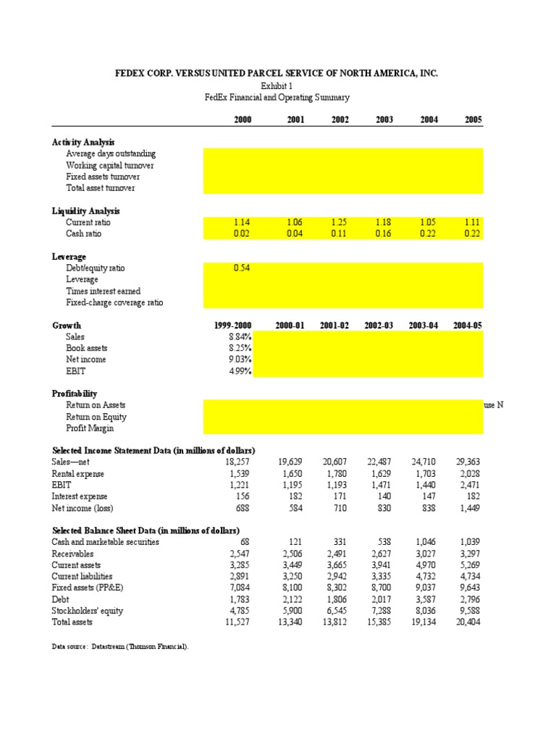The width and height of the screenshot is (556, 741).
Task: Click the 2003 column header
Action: [384, 119]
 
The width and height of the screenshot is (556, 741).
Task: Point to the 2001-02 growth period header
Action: [334, 326]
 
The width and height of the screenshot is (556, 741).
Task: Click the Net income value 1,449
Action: [469, 509]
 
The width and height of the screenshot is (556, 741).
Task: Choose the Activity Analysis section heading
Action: [83, 143]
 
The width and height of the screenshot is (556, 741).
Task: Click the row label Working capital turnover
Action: [109, 166]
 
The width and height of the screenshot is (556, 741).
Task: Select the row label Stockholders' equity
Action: [88, 611]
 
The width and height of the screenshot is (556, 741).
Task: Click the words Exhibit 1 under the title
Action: [277, 85]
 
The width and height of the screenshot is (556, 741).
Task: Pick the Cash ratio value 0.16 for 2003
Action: [384, 234]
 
